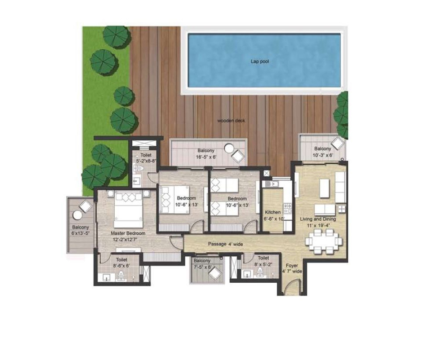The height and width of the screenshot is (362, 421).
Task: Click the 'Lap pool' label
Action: click(x=259, y=61)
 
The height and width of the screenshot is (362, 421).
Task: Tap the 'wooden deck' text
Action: click(x=231, y=121)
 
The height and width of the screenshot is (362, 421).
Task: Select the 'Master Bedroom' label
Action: click(x=128, y=233)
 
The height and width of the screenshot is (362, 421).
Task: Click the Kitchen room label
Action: click(x=273, y=212)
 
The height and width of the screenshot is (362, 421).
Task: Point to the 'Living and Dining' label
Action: click(x=318, y=219)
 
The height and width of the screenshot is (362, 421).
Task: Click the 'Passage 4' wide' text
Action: click(x=226, y=244)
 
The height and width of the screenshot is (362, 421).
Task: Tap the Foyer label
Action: click(x=292, y=265)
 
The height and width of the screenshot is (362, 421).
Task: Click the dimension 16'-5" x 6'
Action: click(x=206, y=157)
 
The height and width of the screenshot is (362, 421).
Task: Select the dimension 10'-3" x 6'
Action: click(x=323, y=155)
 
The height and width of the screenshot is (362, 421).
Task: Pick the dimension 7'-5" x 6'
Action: click(x=203, y=267)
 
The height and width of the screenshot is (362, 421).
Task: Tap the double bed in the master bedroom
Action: click(x=128, y=209)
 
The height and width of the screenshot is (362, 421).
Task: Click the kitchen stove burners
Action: click(x=288, y=208)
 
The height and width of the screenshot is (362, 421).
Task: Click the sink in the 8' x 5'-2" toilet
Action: click(x=247, y=274)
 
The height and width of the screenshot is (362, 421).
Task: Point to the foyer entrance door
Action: click(x=292, y=285)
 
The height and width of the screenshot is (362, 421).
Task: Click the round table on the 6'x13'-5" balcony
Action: click(x=77, y=215)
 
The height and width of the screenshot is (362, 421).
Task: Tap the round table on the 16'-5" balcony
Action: click(x=229, y=148)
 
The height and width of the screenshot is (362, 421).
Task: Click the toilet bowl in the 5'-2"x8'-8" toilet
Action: click(x=139, y=169)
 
